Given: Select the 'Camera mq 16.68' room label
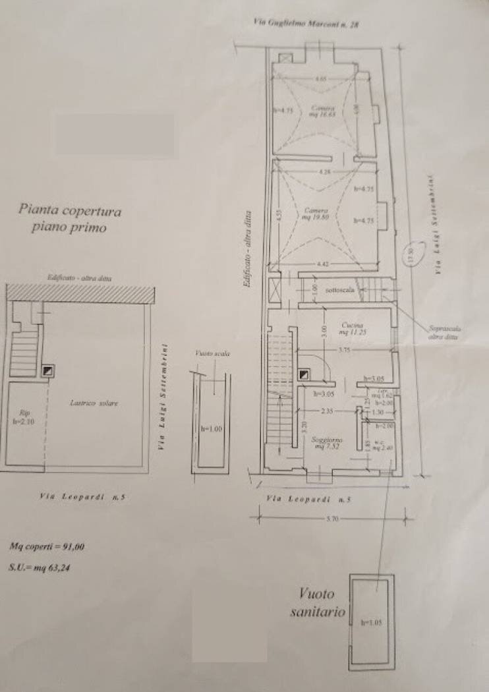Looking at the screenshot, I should click(x=322, y=111).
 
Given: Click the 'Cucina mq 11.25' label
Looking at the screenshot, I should click(x=354, y=329).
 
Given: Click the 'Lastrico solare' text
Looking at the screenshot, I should click(x=96, y=403).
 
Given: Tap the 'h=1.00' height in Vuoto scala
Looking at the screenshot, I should click(x=210, y=428).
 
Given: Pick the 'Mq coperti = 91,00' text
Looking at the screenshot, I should click(x=47, y=546).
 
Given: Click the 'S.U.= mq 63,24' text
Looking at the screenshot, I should click(x=40, y=566).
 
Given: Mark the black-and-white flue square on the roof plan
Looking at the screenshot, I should click(x=47, y=371).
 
